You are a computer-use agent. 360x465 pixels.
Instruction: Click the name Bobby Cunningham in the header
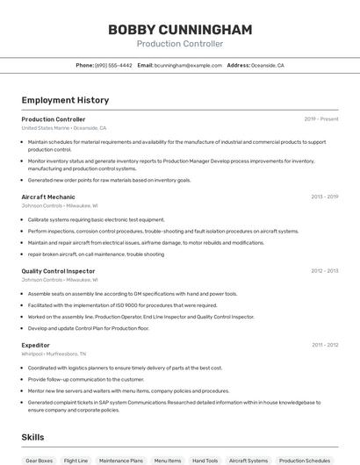(x=179, y=30)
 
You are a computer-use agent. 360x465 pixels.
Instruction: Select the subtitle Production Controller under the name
(x=179, y=44)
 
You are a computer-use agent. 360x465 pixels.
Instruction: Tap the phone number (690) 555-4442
(x=113, y=65)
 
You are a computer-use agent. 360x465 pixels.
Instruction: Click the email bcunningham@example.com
(x=188, y=65)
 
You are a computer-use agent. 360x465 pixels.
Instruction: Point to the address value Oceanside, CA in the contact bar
(x=268, y=65)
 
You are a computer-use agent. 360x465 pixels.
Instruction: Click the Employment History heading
(x=65, y=100)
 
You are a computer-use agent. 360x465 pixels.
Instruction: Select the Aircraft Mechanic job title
(x=48, y=197)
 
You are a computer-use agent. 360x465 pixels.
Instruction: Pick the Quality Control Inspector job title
(x=58, y=271)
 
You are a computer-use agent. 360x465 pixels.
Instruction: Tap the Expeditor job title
(x=36, y=345)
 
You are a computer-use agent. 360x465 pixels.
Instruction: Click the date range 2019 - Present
(x=320, y=118)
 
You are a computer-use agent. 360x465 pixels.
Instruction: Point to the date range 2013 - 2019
(x=324, y=197)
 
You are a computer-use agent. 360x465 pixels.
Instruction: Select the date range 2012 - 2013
(x=324, y=271)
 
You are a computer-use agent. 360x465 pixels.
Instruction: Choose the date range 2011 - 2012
(x=324, y=345)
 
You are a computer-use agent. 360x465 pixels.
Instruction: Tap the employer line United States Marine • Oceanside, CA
(x=64, y=127)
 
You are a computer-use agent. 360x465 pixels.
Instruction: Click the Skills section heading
(x=33, y=436)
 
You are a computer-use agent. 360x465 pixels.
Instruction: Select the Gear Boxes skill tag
(x=40, y=460)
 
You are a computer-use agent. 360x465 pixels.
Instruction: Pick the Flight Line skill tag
(x=76, y=460)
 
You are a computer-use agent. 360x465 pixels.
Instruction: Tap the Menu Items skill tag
(x=168, y=460)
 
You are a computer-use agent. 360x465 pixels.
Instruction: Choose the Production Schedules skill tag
(x=305, y=460)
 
